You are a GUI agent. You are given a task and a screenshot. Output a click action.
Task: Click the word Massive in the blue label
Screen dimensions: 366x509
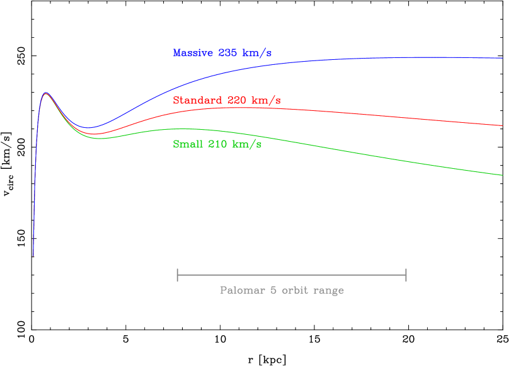(x=193, y=53)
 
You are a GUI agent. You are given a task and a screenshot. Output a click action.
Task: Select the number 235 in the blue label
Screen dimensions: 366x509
(x=227, y=53)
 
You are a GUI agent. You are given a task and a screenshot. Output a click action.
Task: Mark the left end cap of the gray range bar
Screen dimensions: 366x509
(x=178, y=275)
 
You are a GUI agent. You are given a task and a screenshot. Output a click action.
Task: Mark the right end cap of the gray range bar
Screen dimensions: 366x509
(x=406, y=275)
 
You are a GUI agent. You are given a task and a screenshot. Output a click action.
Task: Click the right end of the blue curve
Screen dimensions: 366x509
(x=503, y=58)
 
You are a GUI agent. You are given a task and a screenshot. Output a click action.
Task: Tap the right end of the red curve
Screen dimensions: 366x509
(x=503, y=125)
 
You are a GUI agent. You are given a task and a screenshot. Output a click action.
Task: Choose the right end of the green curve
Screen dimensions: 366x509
(x=503, y=174)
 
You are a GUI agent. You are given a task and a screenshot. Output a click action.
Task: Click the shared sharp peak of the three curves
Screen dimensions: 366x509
(x=45, y=93)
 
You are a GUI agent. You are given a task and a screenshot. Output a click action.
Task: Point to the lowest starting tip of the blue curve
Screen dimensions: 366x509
(x=33, y=256)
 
